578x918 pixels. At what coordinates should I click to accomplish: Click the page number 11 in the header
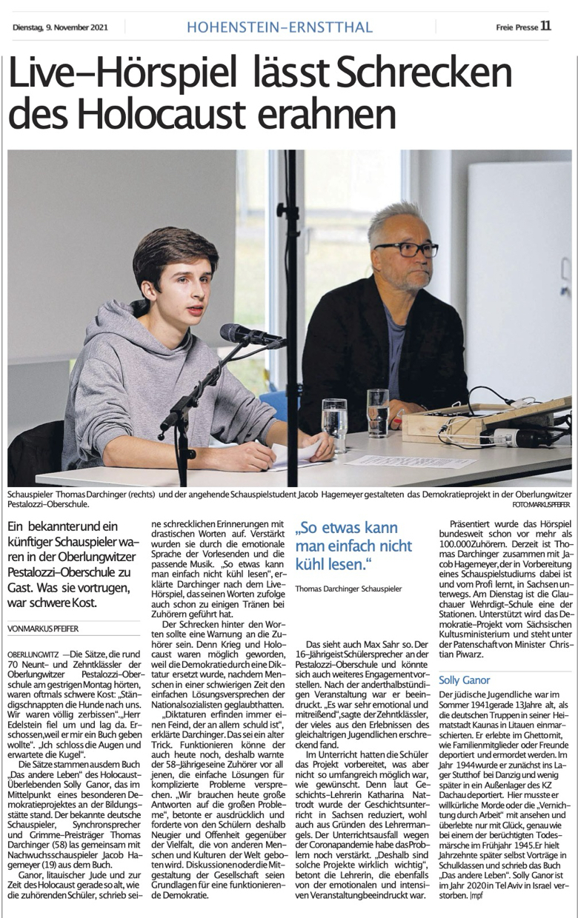pyautogui.click(x=546, y=27)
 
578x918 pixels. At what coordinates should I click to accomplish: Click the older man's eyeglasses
pyautogui.click(x=405, y=249)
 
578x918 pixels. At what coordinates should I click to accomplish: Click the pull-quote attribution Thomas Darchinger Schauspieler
pyautogui.click(x=349, y=589)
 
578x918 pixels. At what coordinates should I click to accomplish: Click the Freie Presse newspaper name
pyautogui.click(x=516, y=27)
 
